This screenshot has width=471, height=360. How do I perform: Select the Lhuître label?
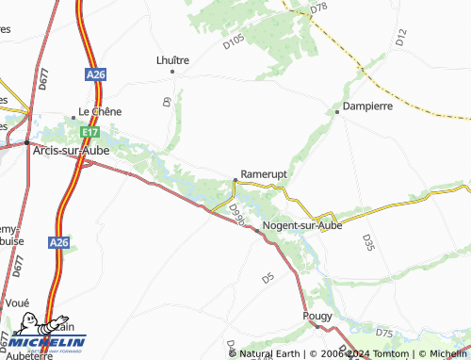coord(172,59)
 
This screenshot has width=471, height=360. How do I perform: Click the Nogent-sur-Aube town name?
coord(301,226)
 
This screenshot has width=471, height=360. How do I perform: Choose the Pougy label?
coord(317,317)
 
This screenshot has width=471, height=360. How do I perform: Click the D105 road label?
coord(235,39)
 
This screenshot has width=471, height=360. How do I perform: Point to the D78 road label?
coord(318,8)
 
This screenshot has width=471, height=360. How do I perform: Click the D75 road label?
coord(383,333)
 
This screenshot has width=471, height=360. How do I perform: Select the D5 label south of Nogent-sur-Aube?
coord(268,278)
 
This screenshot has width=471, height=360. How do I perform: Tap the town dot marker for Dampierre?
coord(337,111)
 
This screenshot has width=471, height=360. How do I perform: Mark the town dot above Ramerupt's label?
coord(235,179)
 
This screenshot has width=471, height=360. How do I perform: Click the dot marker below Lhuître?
coord(172,72)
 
